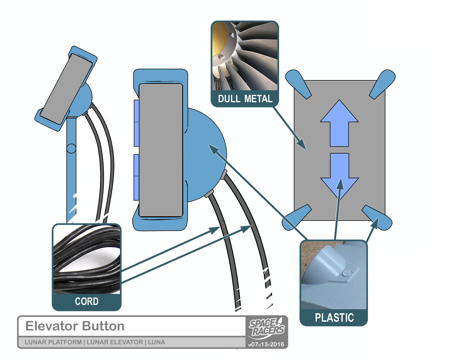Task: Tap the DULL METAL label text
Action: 245,99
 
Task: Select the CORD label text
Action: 87,301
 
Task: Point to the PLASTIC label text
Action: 334,317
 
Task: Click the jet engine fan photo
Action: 245,56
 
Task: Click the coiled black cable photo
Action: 87,259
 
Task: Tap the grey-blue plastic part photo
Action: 334,275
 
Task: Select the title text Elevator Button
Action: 75,326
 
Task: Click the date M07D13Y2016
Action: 266,344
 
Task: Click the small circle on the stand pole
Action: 71,148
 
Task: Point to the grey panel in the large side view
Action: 161,150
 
